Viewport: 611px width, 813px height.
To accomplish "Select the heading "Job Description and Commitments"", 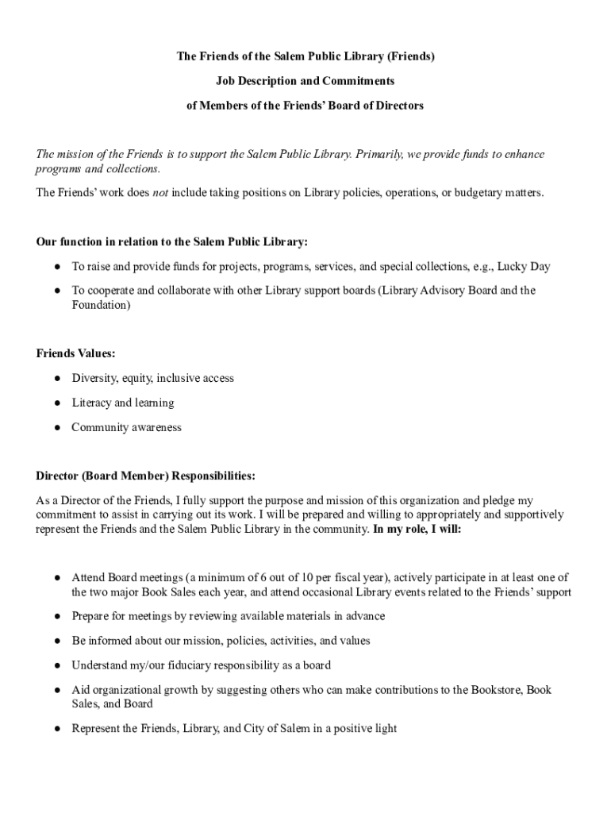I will pyautogui.click(x=305, y=81).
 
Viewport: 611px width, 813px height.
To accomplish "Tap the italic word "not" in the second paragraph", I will pyautogui.click(x=160, y=192).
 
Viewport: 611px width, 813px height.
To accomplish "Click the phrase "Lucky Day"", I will pyautogui.click(x=524, y=266).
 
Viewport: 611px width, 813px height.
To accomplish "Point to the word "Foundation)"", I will pyautogui.click(x=101, y=304).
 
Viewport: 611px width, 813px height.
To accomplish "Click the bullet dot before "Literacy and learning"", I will pyautogui.click(x=58, y=403).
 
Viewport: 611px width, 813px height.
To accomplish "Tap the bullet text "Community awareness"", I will pyautogui.click(x=126, y=427).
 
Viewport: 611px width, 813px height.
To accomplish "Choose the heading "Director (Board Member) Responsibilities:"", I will pyautogui.click(x=145, y=476).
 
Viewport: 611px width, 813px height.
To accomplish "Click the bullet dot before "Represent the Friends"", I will pyautogui.click(x=58, y=729).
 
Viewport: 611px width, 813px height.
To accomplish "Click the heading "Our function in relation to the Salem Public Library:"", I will pyautogui.click(x=171, y=241).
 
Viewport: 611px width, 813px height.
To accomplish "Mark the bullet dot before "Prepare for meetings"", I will pyautogui.click(x=58, y=617).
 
